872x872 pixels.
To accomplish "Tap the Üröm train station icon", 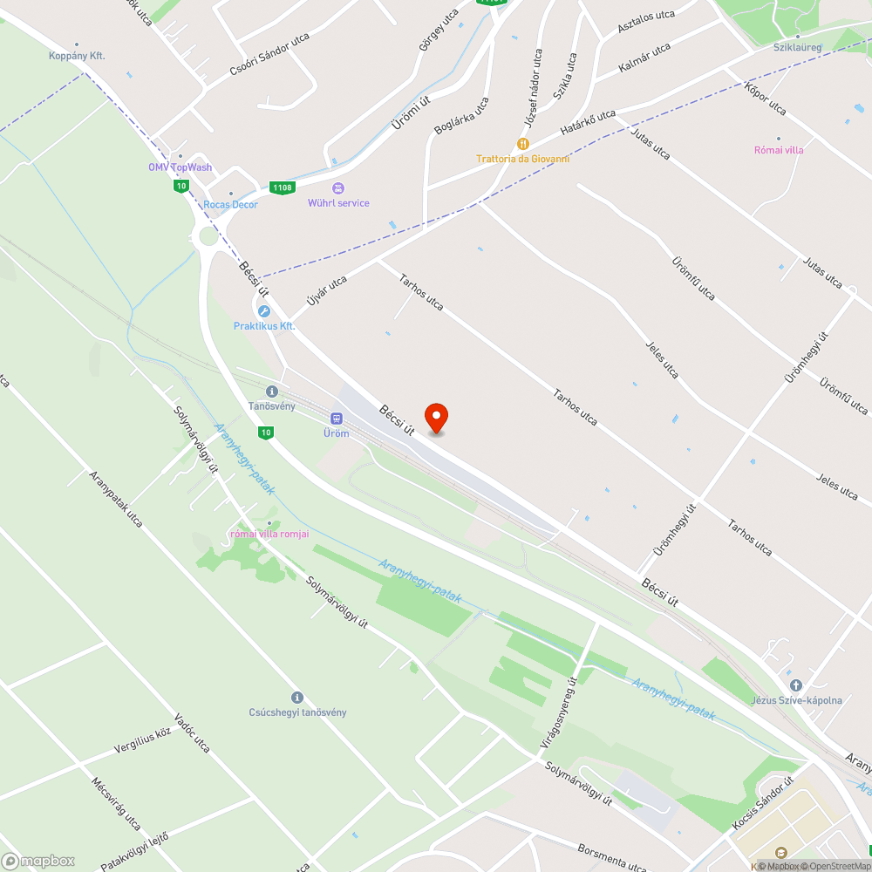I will [336, 418].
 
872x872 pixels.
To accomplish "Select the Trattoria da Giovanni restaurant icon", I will [523, 143].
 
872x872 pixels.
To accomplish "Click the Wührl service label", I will [338, 203].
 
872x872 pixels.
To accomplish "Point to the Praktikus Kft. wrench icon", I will [263, 311].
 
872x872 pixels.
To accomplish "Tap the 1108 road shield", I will [282, 187].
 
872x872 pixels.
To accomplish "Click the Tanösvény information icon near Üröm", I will [272, 392].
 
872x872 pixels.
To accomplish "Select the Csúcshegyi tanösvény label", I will [297, 712].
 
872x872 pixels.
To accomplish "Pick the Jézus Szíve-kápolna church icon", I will [795, 685].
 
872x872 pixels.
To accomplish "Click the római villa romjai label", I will [269, 534].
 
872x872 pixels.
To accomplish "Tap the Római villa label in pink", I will [779, 150].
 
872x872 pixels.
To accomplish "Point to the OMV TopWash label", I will [180, 167].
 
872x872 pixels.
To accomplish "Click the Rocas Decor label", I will [230, 205].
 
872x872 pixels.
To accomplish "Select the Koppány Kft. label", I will [77, 56].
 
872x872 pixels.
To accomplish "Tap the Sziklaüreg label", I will [797, 47].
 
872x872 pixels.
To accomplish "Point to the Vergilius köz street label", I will [143, 743].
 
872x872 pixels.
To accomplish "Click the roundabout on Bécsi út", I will [208, 236].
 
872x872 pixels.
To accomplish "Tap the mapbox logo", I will [38, 861].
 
